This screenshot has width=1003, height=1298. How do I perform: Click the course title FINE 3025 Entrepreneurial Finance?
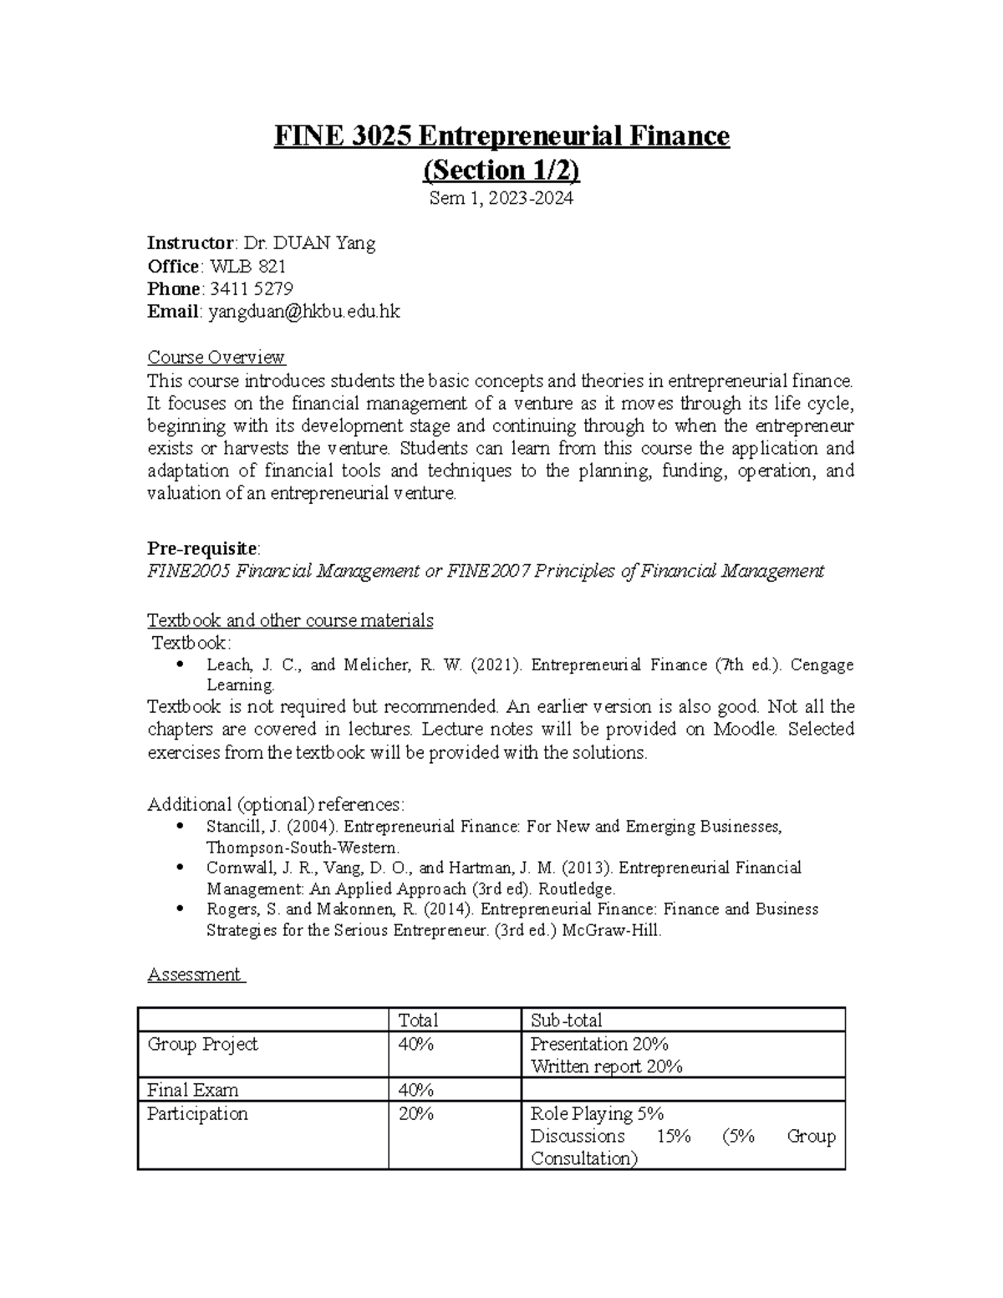(x=501, y=135)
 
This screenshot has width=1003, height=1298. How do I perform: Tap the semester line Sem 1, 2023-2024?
(x=501, y=199)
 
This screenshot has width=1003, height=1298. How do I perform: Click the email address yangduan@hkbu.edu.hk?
(x=304, y=312)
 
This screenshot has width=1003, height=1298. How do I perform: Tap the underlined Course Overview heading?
(x=216, y=358)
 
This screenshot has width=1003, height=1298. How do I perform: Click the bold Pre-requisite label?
(x=202, y=548)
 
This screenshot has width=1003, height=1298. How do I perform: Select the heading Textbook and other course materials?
(x=290, y=620)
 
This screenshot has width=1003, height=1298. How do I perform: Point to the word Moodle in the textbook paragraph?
(x=745, y=729)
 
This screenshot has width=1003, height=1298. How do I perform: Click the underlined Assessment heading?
(x=195, y=975)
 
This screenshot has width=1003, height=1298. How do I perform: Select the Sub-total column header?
(x=566, y=1021)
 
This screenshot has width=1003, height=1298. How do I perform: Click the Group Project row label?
(x=202, y=1044)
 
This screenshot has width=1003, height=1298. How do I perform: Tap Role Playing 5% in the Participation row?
(x=597, y=1113)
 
